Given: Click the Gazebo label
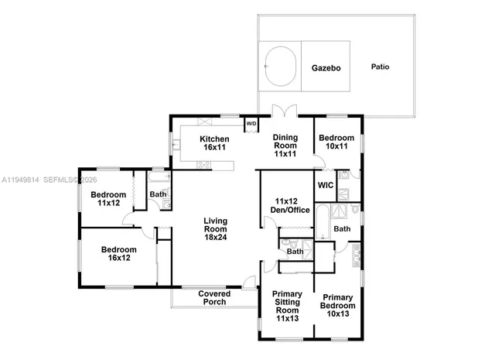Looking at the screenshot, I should click(x=326, y=67).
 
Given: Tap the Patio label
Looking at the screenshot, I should click(x=380, y=67).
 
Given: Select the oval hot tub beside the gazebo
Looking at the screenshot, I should click(x=282, y=67).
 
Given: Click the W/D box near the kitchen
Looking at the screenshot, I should click(x=251, y=122).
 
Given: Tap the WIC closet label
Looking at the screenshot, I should click(x=326, y=185).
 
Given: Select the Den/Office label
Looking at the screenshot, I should click(x=276, y=205).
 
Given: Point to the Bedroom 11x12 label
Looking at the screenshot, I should click(x=108, y=198).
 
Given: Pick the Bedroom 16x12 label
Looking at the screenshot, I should click(x=118, y=254).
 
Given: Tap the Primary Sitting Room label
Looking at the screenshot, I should click(x=287, y=306).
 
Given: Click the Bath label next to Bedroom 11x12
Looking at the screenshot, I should click(x=158, y=194).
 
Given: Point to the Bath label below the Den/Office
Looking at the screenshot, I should click(x=295, y=252).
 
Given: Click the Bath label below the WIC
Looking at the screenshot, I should click(x=342, y=228).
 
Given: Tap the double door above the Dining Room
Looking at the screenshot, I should click(x=285, y=111).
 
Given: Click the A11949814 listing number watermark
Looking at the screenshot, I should click(x=20, y=180).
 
